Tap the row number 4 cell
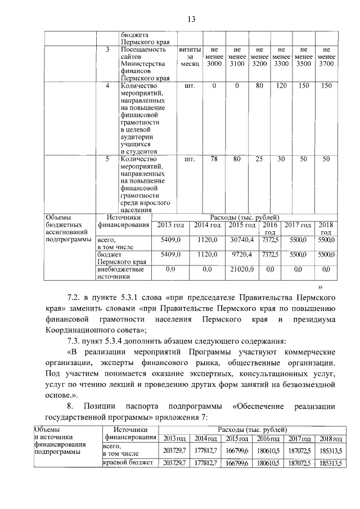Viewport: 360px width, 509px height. [108, 86]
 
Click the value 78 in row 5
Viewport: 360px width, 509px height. [214, 159]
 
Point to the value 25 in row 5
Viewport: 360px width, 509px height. [259, 159]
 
